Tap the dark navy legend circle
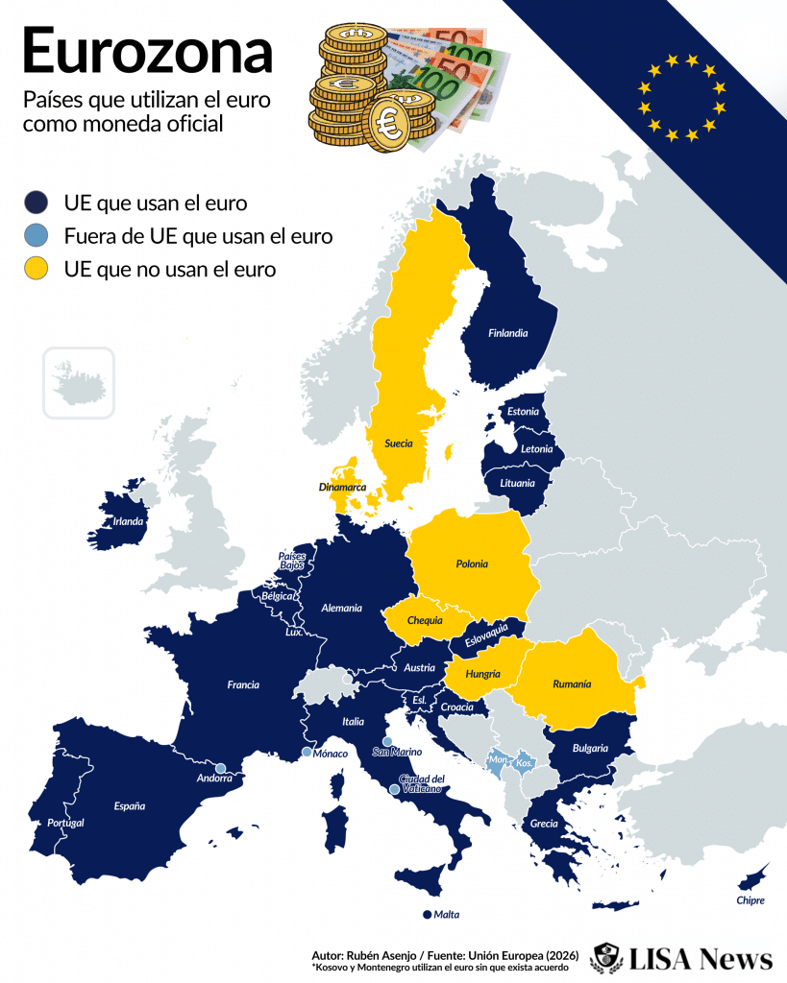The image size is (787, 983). [36, 203]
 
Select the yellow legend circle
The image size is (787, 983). [36, 270]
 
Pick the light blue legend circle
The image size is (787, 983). [36, 236]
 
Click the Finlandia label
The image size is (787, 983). [507, 334]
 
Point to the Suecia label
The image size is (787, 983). [399, 444]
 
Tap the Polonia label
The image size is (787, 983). [472, 563]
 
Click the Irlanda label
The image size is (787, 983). [129, 522]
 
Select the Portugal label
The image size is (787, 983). [66, 824]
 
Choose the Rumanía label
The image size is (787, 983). [572, 684]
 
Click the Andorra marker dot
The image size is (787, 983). [220, 767]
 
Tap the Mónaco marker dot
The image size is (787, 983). [307, 753]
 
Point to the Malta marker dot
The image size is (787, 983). [426, 915]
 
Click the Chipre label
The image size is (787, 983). [750, 900]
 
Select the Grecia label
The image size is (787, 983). [544, 824]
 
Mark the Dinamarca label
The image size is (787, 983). [342, 488]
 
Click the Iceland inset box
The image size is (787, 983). [78, 383]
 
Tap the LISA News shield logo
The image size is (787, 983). [606, 957]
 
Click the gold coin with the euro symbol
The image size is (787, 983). [391, 123]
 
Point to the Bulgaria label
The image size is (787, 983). [589, 748]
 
